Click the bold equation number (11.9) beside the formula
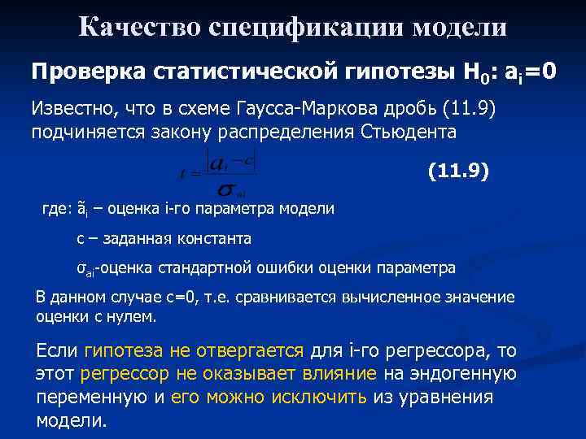pos(458,172)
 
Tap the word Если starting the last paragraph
pos(57,351)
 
